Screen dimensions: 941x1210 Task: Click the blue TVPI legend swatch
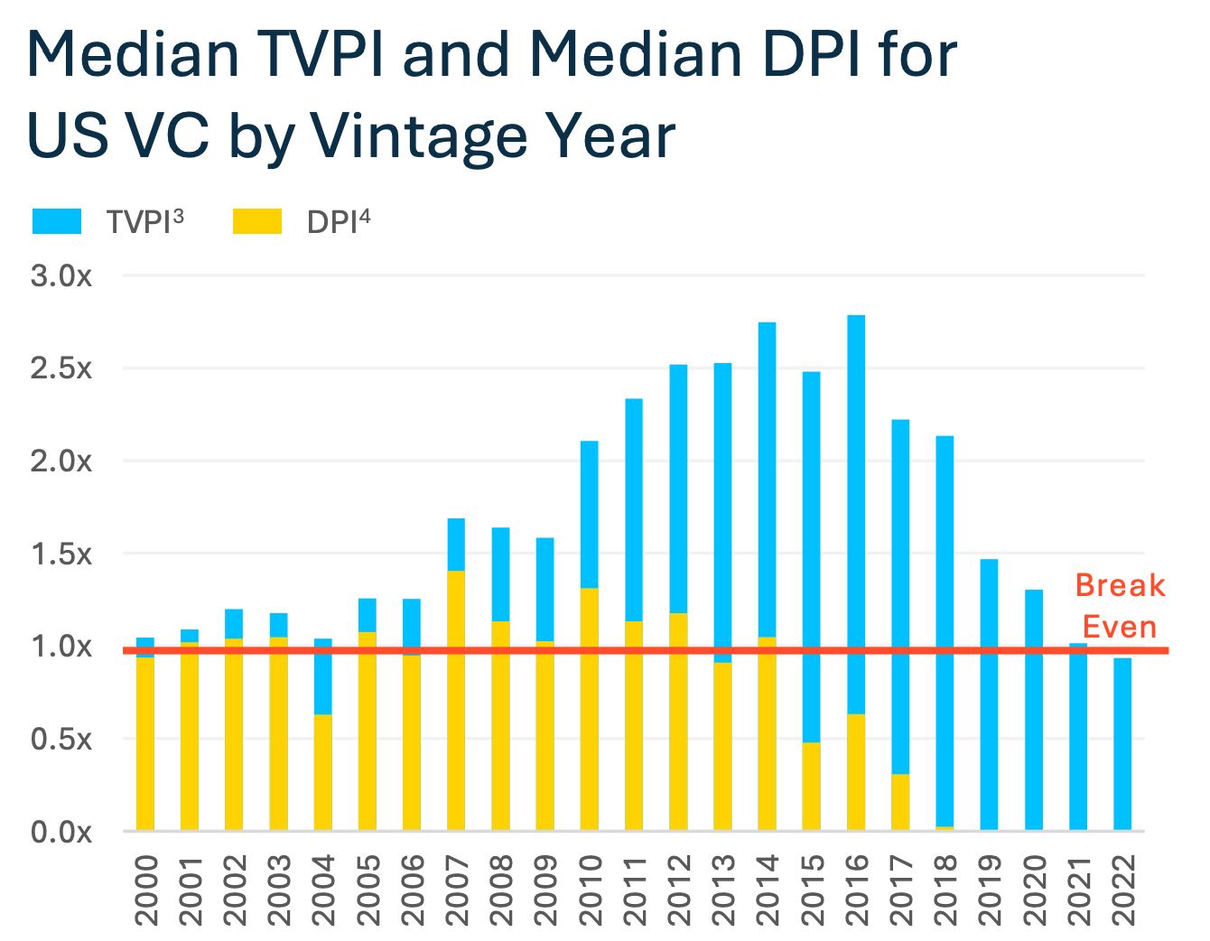tap(57, 221)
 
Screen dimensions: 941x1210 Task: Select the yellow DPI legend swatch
tap(257, 221)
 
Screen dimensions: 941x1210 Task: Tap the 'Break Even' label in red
tap(1120, 606)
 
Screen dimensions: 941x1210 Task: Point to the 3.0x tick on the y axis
tap(61, 276)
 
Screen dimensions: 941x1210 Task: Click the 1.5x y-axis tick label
tap(61, 554)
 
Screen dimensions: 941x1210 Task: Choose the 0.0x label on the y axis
tap(61, 832)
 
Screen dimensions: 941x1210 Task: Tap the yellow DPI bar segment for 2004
tap(322, 772)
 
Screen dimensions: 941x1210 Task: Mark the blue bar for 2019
tap(989, 694)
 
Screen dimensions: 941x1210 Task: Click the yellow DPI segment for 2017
tap(900, 802)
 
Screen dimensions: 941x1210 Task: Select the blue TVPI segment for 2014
tap(767, 479)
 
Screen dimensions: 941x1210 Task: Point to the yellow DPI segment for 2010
tap(589, 709)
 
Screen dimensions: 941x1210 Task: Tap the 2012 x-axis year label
tap(679, 890)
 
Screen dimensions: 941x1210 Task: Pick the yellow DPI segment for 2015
tap(811, 786)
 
